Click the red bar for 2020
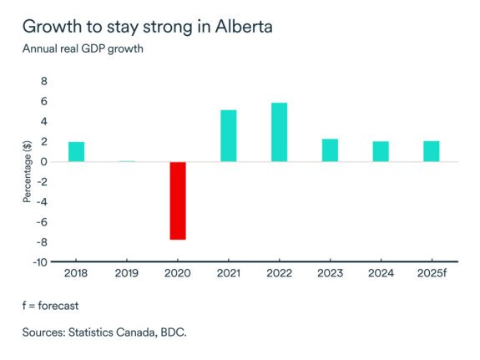coord(177,200)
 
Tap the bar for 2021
coord(228,135)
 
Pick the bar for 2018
coord(76,151)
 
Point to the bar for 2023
coord(330,150)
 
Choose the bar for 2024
coord(381,151)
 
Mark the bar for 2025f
coord(432,151)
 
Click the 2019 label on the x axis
coord(127,272)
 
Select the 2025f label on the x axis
coord(432,272)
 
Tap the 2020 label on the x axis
coord(177,272)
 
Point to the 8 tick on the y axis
coord(43,82)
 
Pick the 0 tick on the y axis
coord(43,161)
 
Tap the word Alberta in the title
coord(242,25)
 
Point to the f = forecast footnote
coord(52,305)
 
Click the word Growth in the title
coord(51,25)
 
